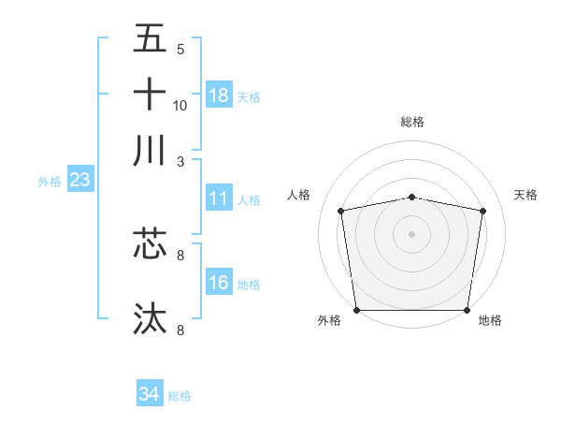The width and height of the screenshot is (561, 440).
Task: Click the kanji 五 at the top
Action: [150, 39]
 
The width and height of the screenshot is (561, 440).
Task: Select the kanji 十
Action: [150, 95]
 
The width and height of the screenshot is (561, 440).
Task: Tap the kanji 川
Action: [150, 151]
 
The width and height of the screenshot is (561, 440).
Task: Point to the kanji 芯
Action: [150, 244]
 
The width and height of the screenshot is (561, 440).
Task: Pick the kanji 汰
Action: [150, 318]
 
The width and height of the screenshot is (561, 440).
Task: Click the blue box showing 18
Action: [219, 95]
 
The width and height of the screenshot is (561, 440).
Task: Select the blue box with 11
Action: [219, 198]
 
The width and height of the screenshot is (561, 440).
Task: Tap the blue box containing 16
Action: [219, 282]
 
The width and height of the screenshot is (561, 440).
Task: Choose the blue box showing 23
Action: [79, 180]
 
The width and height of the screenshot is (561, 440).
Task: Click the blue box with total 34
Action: [149, 394]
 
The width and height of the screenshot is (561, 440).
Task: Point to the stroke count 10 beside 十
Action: [180, 105]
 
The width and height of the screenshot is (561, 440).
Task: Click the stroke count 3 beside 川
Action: [180, 161]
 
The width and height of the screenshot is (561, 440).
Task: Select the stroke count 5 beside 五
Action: [180, 50]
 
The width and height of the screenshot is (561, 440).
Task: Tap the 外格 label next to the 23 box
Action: [50, 182]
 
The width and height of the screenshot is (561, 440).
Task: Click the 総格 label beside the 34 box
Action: [180, 396]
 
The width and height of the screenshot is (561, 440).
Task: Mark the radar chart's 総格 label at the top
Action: [411, 122]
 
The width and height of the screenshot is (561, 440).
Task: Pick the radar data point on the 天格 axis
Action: [482, 211]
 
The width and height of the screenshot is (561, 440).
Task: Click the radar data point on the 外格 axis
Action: [356, 310]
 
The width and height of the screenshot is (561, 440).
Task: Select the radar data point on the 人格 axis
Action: [341, 211]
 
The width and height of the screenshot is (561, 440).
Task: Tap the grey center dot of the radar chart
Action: [411, 233]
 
